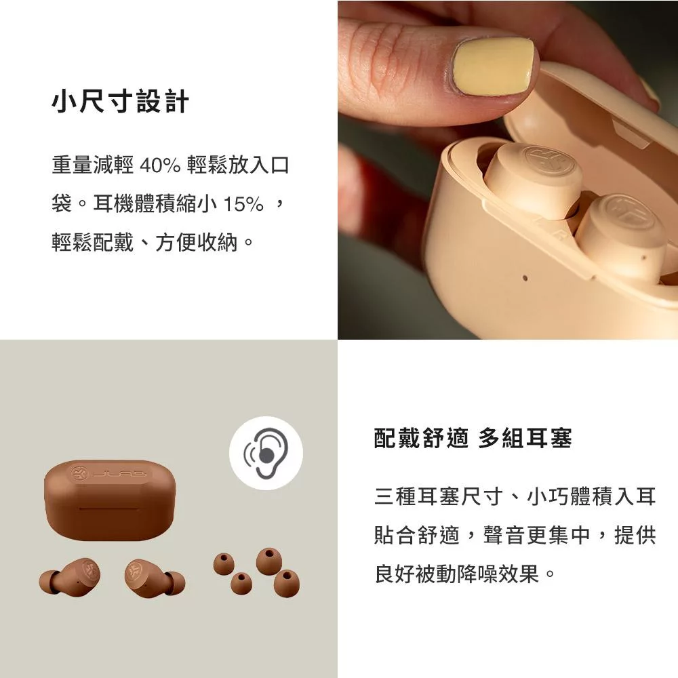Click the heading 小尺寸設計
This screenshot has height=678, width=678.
click(x=120, y=102)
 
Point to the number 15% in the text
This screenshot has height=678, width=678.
click(x=243, y=204)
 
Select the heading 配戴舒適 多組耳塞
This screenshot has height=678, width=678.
click(x=473, y=438)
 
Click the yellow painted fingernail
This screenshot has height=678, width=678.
click(x=492, y=65)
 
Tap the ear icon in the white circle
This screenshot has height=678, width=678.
click(x=266, y=453)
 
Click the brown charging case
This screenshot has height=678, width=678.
click(x=110, y=500)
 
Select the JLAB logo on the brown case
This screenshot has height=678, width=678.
click(x=108, y=474)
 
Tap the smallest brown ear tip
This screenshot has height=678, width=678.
click(x=241, y=583)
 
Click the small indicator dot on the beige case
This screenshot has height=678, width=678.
click(x=525, y=277)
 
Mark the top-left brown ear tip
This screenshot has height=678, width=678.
click(x=224, y=563)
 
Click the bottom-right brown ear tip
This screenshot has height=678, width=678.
click(x=286, y=582)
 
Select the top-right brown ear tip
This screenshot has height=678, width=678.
click(x=269, y=561)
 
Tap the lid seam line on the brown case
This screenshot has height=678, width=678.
click(x=109, y=509)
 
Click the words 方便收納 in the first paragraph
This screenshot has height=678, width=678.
click(x=197, y=242)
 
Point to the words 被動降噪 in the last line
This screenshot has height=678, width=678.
click(x=477, y=574)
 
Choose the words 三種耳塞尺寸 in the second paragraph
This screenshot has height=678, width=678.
click(x=438, y=496)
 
